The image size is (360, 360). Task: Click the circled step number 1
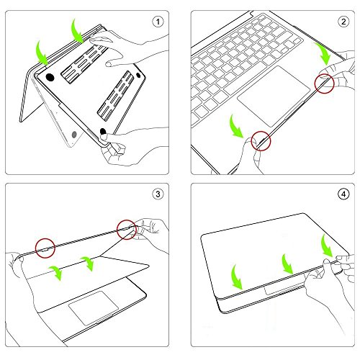click(160, 22)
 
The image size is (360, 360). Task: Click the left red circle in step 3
click(45, 246)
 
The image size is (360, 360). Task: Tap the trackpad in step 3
click(90, 308)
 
